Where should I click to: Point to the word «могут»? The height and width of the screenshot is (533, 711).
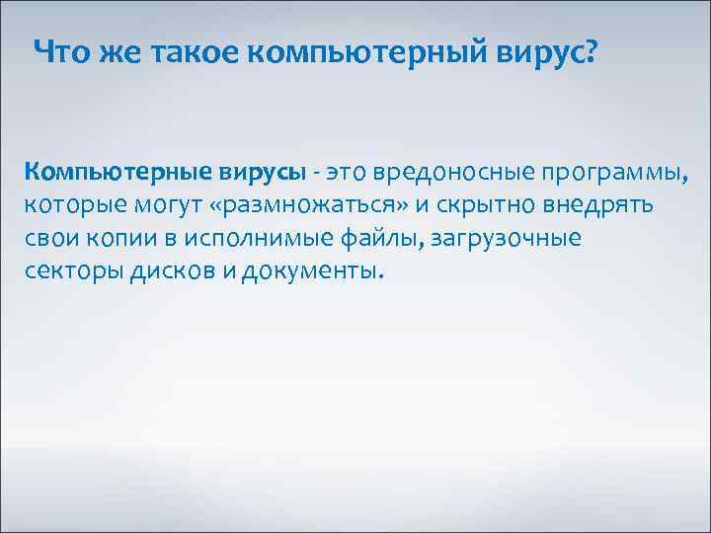(163, 207)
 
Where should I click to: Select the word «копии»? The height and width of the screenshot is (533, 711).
(117, 240)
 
